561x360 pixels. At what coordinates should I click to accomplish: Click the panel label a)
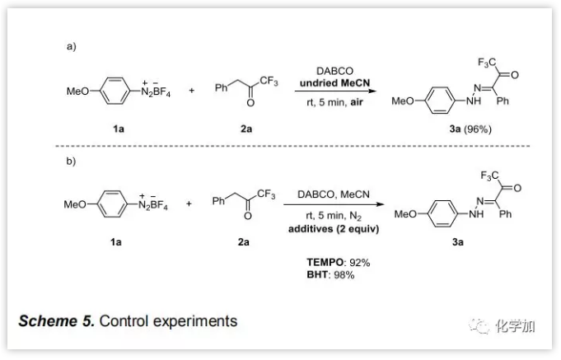click(71, 47)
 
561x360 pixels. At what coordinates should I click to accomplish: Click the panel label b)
click(71, 161)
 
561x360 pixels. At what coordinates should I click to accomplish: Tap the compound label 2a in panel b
click(244, 242)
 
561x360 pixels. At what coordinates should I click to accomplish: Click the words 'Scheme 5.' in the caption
click(56, 320)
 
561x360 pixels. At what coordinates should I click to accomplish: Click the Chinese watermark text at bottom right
click(516, 326)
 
